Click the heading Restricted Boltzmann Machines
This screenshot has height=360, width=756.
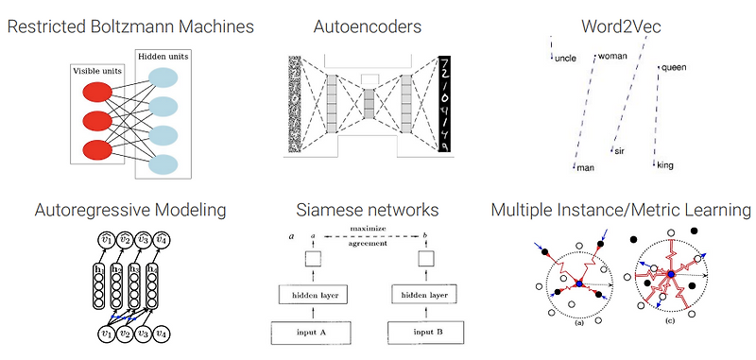pyautogui.click(x=130, y=26)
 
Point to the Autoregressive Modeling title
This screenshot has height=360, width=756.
pyautogui.click(x=130, y=210)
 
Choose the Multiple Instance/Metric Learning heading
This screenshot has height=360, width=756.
pyautogui.click(x=621, y=210)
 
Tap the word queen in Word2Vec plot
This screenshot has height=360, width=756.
pyautogui.click(x=674, y=67)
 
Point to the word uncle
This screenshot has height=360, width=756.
pyautogui.click(x=565, y=59)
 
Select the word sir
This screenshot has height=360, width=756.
pyautogui.click(x=621, y=151)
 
